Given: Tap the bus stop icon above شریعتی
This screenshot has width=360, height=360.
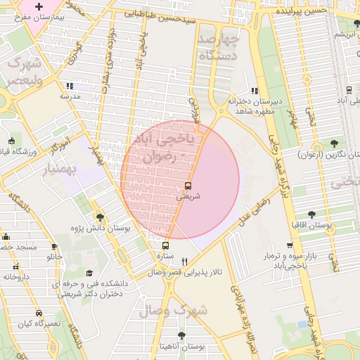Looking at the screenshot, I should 188,186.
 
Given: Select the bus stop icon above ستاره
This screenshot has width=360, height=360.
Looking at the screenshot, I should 165,245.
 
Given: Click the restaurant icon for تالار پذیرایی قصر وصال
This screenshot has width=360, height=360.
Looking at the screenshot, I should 184,261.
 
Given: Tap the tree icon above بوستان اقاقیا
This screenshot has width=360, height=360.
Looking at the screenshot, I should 312,214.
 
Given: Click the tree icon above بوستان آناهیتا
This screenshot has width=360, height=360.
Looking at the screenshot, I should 181,335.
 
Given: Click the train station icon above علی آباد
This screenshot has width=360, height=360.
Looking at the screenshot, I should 349,90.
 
